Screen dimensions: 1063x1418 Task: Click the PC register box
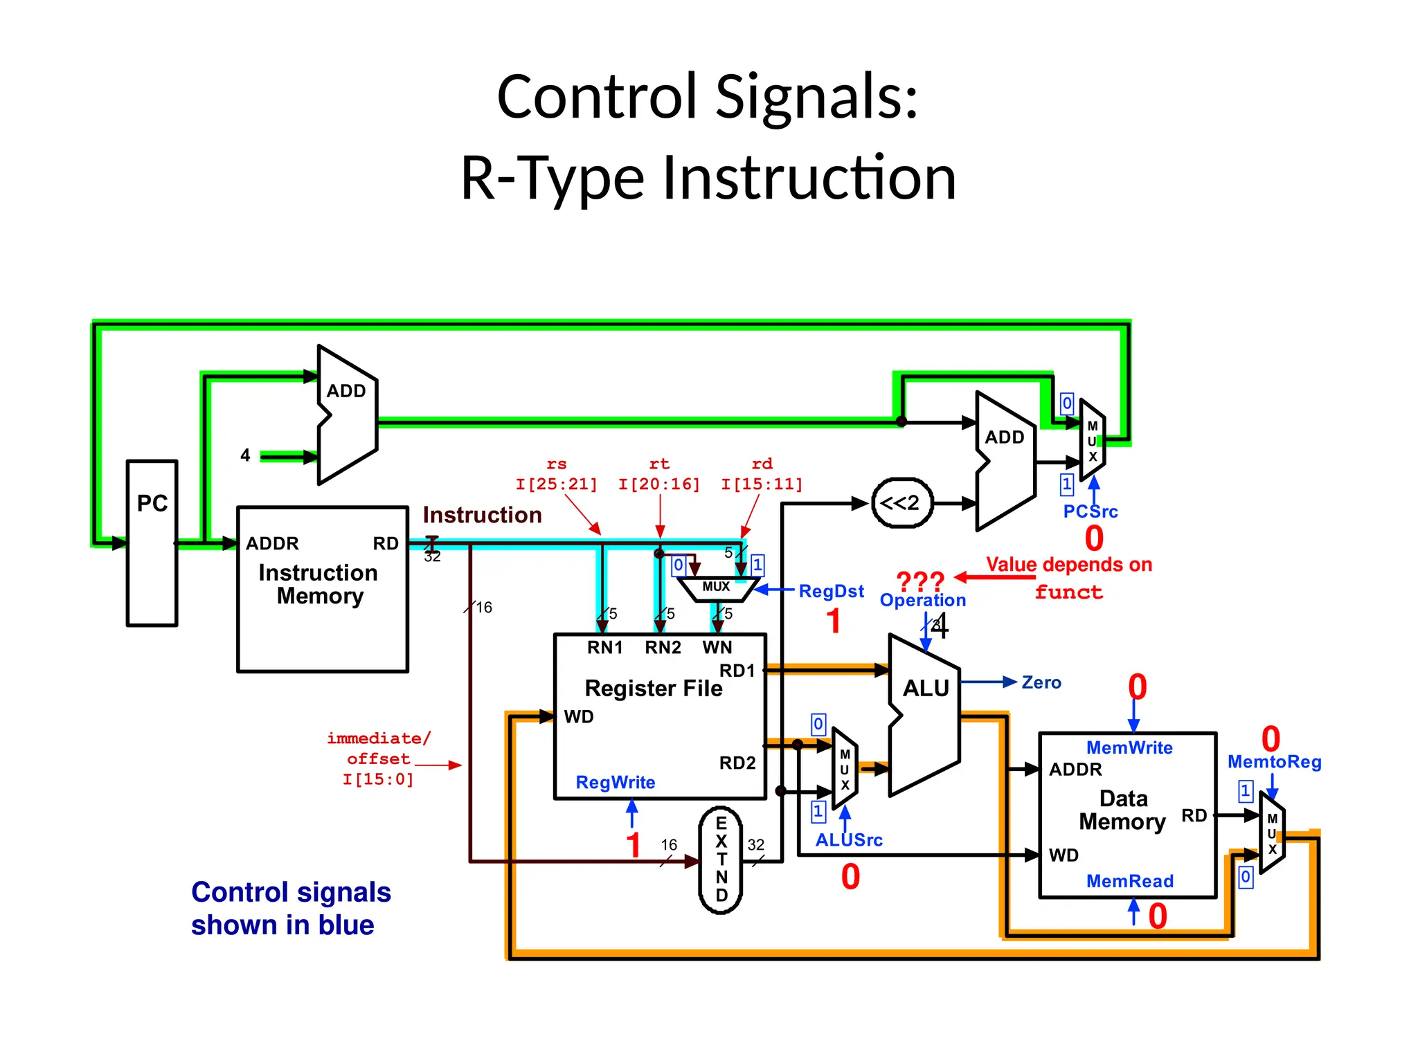point(152,543)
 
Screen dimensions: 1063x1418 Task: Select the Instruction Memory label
point(318,584)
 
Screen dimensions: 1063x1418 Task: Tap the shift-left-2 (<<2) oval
point(901,503)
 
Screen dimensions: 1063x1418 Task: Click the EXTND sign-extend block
point(721,860)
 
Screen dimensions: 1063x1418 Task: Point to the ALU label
point(926,688)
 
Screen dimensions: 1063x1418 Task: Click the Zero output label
point(1041,682)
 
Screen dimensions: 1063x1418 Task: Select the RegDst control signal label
point(831,591)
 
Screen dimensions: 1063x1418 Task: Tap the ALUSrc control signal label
point(849,839)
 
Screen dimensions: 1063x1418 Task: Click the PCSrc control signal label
point(1091,511)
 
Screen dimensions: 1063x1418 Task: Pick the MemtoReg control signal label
point(1274,761)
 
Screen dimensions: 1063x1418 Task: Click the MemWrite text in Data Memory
point(1129,747)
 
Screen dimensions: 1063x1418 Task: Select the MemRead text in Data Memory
point(1129,881)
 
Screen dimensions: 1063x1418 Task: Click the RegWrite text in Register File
point(615,782)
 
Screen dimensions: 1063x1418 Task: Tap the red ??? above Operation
point(920,580)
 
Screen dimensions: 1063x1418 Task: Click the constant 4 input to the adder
point(245,455)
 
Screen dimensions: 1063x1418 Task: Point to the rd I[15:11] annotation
point(762,474)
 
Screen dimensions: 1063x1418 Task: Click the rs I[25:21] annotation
point(556,474)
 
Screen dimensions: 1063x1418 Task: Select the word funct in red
point(1068,592)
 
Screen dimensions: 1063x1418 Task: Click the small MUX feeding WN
point(716,587)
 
